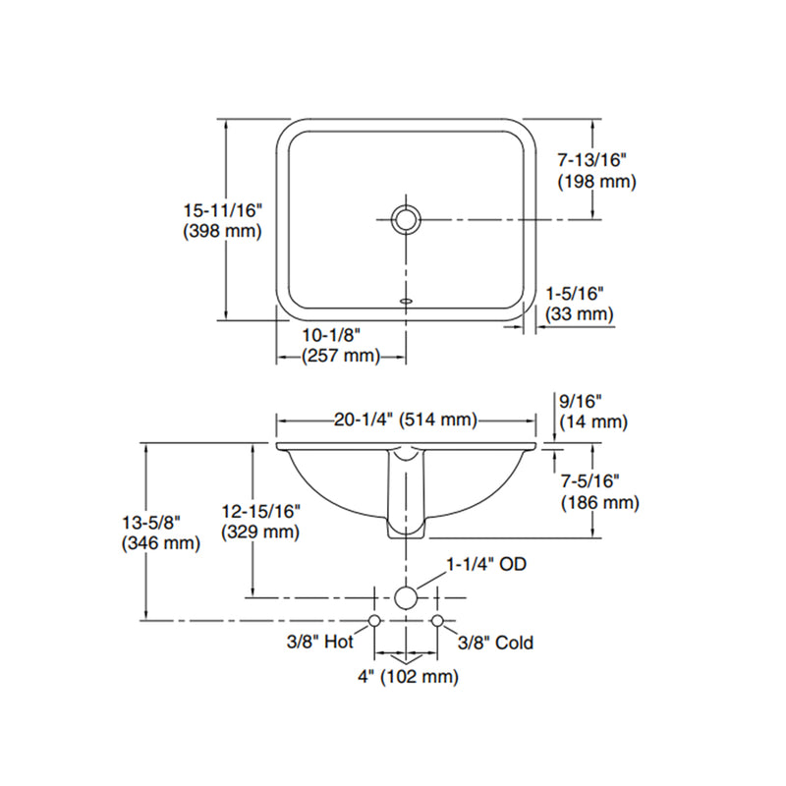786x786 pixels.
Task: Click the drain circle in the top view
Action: coord(406,218)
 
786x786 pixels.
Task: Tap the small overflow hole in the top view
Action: coord(406,301)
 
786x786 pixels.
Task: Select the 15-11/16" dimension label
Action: coord(223,209)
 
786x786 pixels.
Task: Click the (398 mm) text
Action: coord(222,232)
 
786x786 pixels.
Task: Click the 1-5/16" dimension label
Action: coord(575,292)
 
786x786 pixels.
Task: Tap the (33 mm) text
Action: coord(580,314)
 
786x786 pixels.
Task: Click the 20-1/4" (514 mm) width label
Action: coord(406,421)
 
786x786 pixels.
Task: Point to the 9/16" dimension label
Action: coord(580,400)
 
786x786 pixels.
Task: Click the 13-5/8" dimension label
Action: coord(158,521)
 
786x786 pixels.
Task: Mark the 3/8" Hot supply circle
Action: coord(374,620)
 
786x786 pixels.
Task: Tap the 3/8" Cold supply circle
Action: coord(438,620)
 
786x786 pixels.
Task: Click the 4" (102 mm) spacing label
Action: coord(406,676)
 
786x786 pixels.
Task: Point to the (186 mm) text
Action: coord(599,503)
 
